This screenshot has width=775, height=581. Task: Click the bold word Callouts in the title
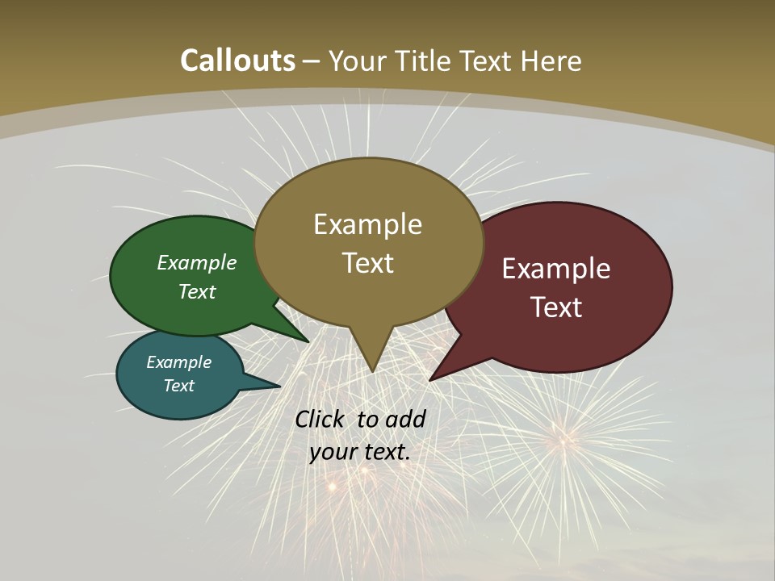click(x=237, y=61)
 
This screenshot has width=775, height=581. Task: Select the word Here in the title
click(x=551, y=61)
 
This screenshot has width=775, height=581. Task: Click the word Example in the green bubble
click(x=197, y=262)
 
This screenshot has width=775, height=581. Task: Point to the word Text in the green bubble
click(x=197, y=291)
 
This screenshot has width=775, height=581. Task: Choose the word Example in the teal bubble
click(x=179, y=362)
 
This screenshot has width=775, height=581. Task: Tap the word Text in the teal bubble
click(x=179, y=386)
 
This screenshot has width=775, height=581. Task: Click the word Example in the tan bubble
click(x=367, y=224)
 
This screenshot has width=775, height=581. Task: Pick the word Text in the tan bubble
click(x=367, y=263)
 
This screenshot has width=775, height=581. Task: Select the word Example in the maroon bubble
click(x=556, y=269)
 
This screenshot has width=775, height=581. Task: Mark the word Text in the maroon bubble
click(x=556, y=307)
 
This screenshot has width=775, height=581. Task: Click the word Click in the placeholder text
click(x=321, y=419)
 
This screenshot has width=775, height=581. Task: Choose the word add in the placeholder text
click(x=405, y=419)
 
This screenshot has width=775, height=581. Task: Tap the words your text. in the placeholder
click(x=360, y=452)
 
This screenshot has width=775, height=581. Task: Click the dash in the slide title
click(x=312, y=61)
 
